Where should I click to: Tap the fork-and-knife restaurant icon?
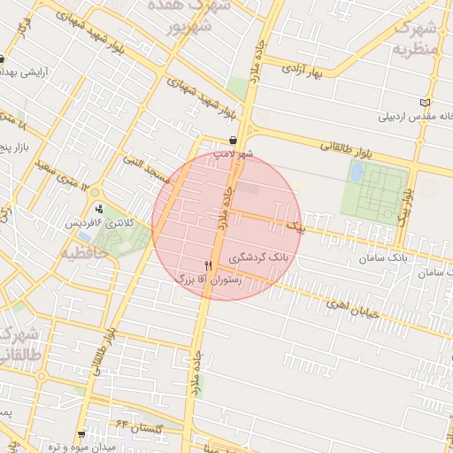(x=209, y=265)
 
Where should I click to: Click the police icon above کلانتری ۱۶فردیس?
(x=99, y=211)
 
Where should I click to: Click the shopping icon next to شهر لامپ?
(x=233, y=140)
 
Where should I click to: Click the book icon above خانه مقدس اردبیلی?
(x=426, y=102)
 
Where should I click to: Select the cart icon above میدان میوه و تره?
(x=82, y=434)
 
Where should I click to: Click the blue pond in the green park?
(x=357, y=172)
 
